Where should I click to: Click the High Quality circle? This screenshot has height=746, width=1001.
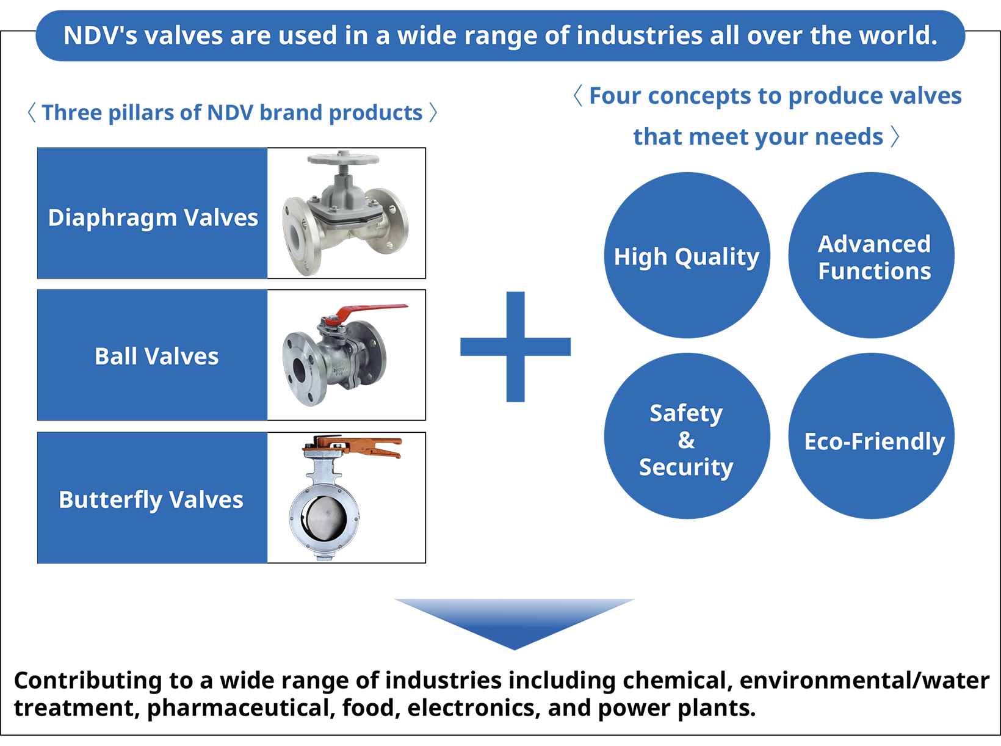pos(687,255)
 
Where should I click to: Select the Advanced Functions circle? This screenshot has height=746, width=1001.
pos(872,255)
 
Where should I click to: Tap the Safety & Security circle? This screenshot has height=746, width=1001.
pos(687,436)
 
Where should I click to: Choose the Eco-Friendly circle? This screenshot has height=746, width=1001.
pos(872,436)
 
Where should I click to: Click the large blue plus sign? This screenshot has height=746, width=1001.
pos(515,347)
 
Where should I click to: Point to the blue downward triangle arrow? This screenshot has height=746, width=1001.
pos(515,621)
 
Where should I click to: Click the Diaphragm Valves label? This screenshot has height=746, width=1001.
pos(153,218)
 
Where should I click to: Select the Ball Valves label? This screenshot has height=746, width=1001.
pos(157,356)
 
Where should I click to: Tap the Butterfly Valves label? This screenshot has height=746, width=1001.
pos(151,500)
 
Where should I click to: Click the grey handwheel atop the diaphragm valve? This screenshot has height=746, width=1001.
pos(343,158)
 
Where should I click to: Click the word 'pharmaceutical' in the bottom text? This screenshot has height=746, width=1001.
pos(240,708)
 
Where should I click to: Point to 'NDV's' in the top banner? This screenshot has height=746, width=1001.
pos(100,35)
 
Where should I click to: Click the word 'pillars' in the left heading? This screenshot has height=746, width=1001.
pos(141,113)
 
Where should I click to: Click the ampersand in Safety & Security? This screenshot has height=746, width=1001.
pos(687,440)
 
